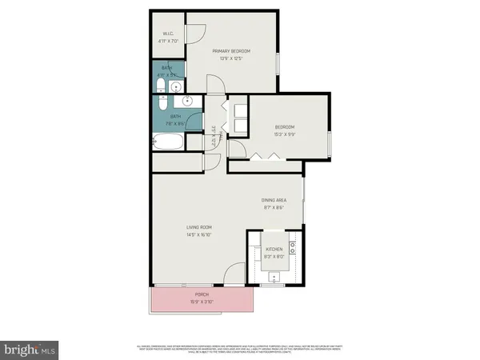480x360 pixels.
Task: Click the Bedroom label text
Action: coord(286,127)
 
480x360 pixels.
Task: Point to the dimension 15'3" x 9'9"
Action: coord(286,134)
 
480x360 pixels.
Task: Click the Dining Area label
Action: coord(274,200)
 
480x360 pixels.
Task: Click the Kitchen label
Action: coord(274,250)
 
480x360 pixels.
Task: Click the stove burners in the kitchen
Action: coord(294,245)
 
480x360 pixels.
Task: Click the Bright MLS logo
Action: coord(30,349)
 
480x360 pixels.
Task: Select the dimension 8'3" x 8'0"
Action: coord(274,257)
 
